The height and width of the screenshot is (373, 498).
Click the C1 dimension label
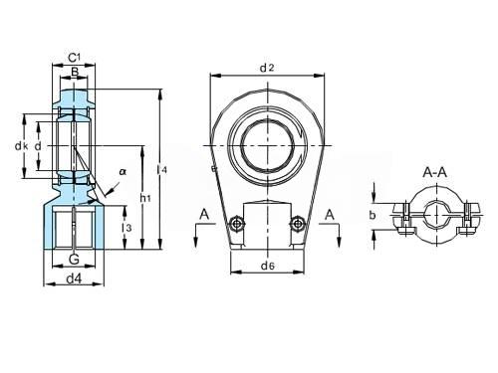coord(75,58)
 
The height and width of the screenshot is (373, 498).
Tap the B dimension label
coord(75,72)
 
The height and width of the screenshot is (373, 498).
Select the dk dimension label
coord(21,146)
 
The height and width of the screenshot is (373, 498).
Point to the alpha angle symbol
coord(123,172)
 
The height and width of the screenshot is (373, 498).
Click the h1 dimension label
coord(145,198)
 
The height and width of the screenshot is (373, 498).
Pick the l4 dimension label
coord(162,170)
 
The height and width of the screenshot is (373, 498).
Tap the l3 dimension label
coord(127,228)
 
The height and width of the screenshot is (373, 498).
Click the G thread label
coord(74,259)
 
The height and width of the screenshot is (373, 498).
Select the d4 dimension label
coord(74,280)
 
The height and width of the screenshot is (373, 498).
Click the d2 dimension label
coord(267,68)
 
